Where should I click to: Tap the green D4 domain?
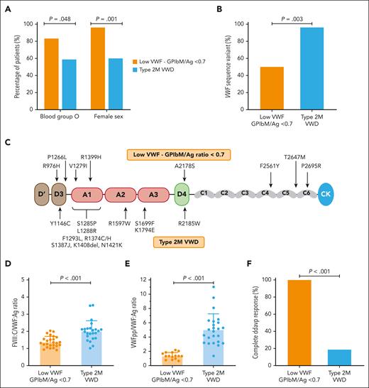coord(181,193)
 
